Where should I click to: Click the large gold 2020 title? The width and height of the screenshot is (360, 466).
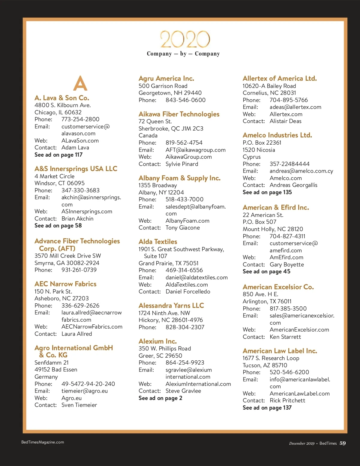click(x=185, y=39)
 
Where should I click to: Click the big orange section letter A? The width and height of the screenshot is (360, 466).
click(x=80, y=83)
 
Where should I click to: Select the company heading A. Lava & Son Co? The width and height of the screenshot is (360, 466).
click(x=62, y=98)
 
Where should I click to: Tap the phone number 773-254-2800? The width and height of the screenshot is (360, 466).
click(x=80, y=119)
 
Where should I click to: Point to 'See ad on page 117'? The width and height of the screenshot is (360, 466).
click(x=58, y=155)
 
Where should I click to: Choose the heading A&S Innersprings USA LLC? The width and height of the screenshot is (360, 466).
click(x=76, y=169)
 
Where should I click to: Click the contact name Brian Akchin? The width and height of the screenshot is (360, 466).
click(x=77, y=218)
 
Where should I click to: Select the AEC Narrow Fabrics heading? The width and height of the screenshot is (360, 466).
click(x=65, y=284)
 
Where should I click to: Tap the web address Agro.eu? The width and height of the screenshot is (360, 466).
click(x=71, y=398)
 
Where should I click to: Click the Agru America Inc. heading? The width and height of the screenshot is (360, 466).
click(x=166, y=78)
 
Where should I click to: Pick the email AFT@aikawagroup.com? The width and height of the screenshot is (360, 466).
click(x=195, y=150)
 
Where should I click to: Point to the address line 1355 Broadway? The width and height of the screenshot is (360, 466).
click(x=157, y=185)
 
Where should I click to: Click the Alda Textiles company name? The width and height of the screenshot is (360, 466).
click(x=158, y=242)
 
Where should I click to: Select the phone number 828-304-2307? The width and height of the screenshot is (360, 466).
click(x=185, y=327)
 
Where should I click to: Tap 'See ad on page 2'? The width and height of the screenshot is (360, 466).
click(x=160, y=398)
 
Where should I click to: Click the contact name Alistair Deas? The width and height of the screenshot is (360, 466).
click(x=285, y=121)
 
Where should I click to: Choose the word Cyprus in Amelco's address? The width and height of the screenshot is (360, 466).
click(x=251, y=157)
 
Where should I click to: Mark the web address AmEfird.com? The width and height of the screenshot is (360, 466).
click(x=286, y=257)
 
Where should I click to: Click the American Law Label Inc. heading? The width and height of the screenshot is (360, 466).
click(x=280, y=351)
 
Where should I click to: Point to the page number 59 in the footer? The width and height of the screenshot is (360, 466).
click(x=343, y=443)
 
